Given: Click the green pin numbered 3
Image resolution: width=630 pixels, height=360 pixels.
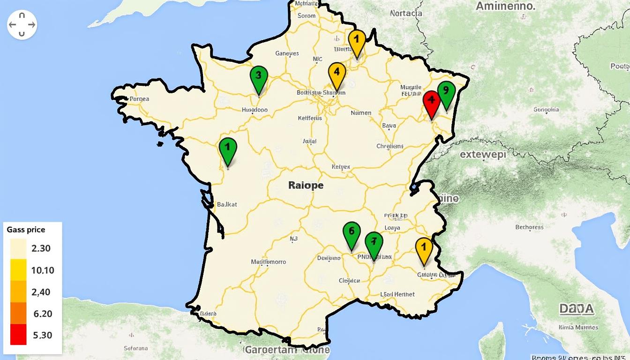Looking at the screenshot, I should (x=258, y=78).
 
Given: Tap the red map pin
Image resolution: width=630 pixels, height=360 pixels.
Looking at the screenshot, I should (x=431, y=102).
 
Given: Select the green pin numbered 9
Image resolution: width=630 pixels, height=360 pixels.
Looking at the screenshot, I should (x=446, y=92).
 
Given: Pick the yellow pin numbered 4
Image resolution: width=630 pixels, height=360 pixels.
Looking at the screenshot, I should (x=337, y=74).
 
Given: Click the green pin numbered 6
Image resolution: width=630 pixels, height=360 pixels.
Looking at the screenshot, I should (x=352, y=233).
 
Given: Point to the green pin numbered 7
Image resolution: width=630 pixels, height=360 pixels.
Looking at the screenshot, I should (x=374, y=243).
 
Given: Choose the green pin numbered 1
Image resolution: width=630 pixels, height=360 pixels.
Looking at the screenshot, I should (x=228, y=149).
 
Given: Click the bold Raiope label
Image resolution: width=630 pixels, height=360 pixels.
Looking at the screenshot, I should (x=306, y=185).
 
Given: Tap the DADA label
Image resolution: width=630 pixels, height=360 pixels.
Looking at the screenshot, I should (x=576, y=309).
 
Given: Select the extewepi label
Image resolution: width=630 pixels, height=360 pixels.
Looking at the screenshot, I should (x=483, y=154).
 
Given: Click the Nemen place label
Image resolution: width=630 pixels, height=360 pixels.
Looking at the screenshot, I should (x=361, y=113).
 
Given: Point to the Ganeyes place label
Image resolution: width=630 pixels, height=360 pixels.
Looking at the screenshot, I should (x=287, y=53).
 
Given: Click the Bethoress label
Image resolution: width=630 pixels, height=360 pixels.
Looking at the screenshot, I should (x=529, y=227).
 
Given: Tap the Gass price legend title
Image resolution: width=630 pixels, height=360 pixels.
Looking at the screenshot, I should (x=26, y=230).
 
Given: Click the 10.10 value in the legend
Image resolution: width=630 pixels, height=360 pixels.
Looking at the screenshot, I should (x=43, y=270).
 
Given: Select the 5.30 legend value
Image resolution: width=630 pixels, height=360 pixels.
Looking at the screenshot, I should (x=43, y=335).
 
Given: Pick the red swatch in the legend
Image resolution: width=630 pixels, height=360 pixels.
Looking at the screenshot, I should (x=18, y=335).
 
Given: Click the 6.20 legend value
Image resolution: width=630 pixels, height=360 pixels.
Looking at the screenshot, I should (x=43, y=314).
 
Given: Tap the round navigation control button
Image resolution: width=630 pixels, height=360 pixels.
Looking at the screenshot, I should (x=22, y=24).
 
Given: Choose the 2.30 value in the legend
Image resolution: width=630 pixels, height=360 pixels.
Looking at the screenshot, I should (x=41, y=248).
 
